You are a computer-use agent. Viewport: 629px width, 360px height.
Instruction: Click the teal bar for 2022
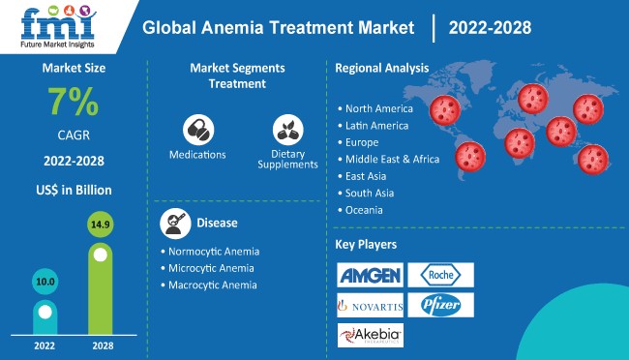click(45, 310)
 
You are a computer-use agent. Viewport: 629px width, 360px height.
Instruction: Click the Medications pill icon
click(197, 130)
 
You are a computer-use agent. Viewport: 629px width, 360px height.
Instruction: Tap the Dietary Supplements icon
click(287, 130)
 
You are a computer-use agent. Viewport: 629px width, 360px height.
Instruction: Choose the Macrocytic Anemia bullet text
click(215, 285)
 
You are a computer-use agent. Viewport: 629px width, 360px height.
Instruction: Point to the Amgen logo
click(370, 276)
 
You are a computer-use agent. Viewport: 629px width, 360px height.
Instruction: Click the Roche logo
click(440, 275)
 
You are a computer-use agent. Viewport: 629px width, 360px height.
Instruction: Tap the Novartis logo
click(370, 306)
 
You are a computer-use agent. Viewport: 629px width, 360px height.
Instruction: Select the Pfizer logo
click(440, 306)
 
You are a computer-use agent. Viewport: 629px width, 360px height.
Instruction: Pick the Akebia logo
click(370, 335)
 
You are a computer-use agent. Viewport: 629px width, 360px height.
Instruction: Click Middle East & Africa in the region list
click(392, 159)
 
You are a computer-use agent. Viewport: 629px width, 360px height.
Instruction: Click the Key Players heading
click(366, 244)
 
